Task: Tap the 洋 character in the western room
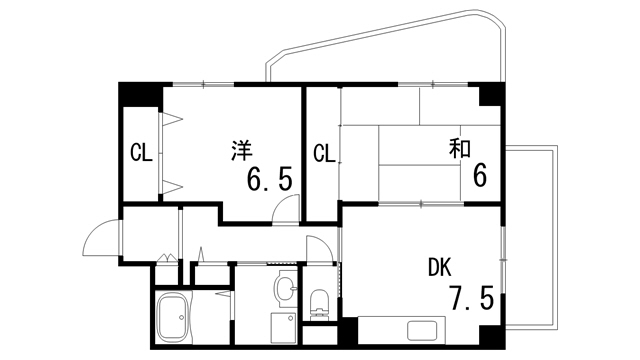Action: click(x=242, y=150)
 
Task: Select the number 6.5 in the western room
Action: click(x=269, y=180)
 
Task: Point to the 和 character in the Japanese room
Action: click(x=460, y=149)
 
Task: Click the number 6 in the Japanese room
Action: click(x=480, y=176)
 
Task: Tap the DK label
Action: click(x=440, y=267)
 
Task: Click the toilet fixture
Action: click(x=321, y=300)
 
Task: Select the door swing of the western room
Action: click(x=287, y=207)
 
